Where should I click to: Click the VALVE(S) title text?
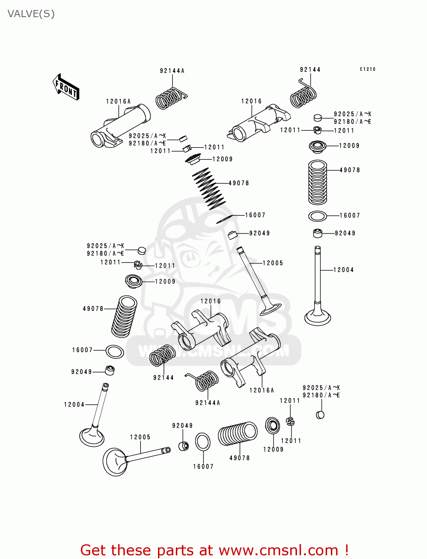(31, 14)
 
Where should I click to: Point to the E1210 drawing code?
(367, 69)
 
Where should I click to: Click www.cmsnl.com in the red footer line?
(278, 550)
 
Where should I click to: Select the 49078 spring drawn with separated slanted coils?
(209, 189)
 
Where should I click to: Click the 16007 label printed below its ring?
(203, 467)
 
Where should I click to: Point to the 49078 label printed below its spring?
(240, 458)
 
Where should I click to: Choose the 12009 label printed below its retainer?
(273, 449)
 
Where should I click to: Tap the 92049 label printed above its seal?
(183, 426)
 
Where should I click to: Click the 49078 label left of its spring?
(93, 309)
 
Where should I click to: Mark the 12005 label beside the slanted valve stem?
(273, 263)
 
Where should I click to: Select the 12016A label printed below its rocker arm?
(262, 390)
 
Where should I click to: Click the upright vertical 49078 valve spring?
(317, 183)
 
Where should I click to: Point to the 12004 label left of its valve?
(74, 404)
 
